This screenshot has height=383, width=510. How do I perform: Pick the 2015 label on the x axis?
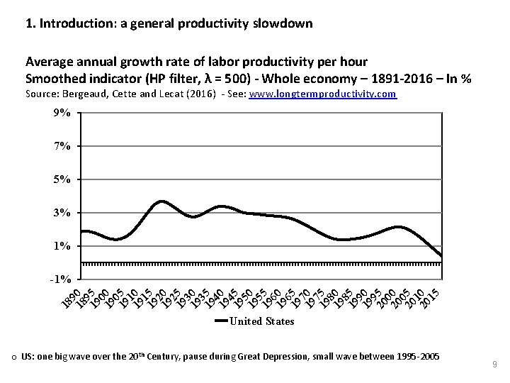tap(431, 294)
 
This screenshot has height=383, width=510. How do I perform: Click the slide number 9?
tap(494, 365)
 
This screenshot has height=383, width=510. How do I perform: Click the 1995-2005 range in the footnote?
tap(414, 356)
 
